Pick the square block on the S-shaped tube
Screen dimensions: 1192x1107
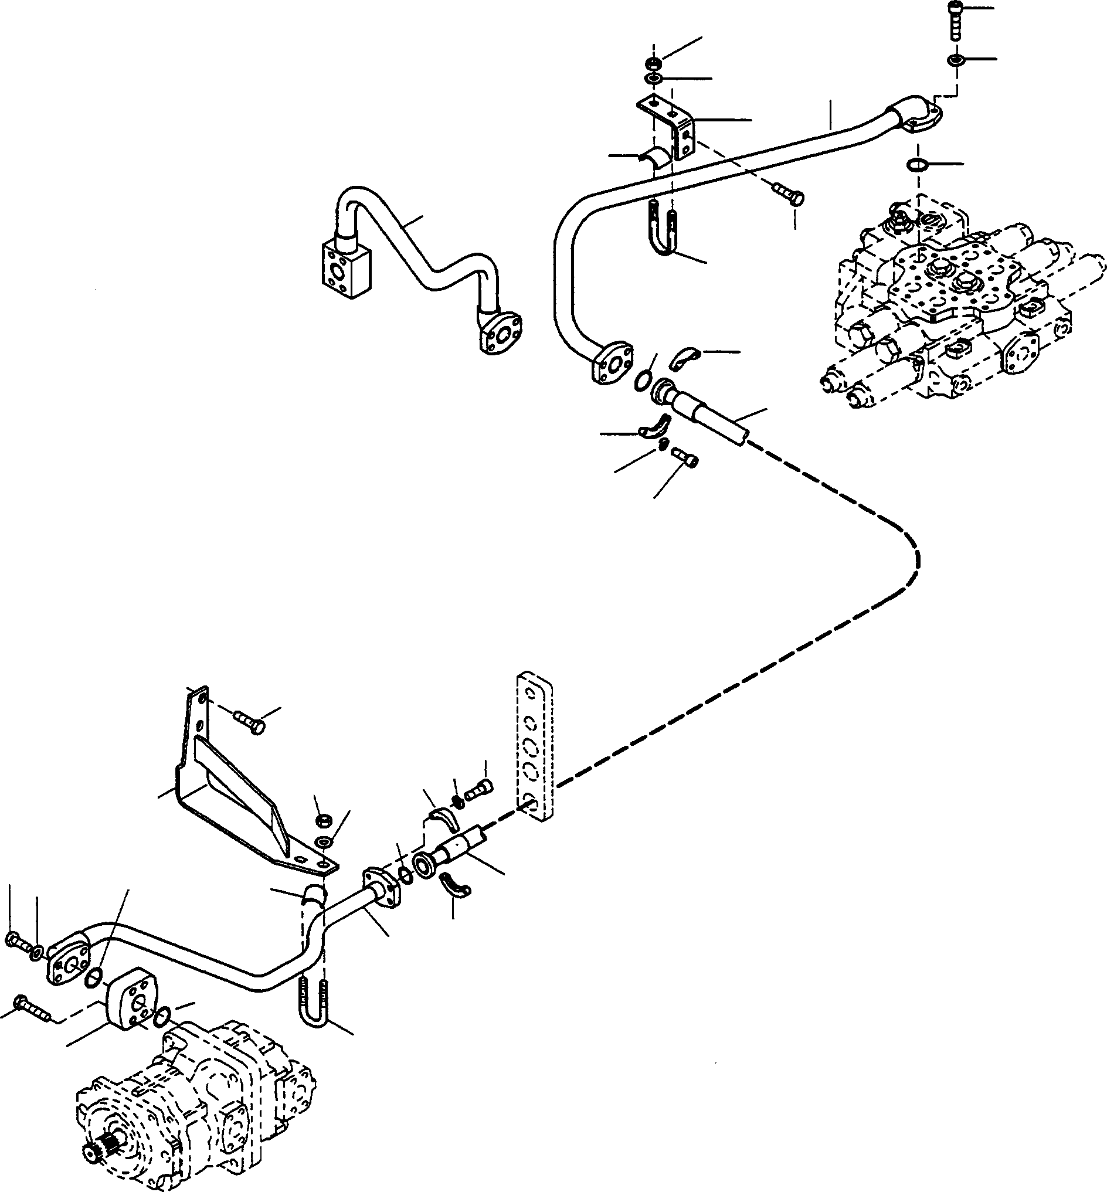(x=341, y=267)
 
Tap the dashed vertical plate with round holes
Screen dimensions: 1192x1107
(x=534, y=745)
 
